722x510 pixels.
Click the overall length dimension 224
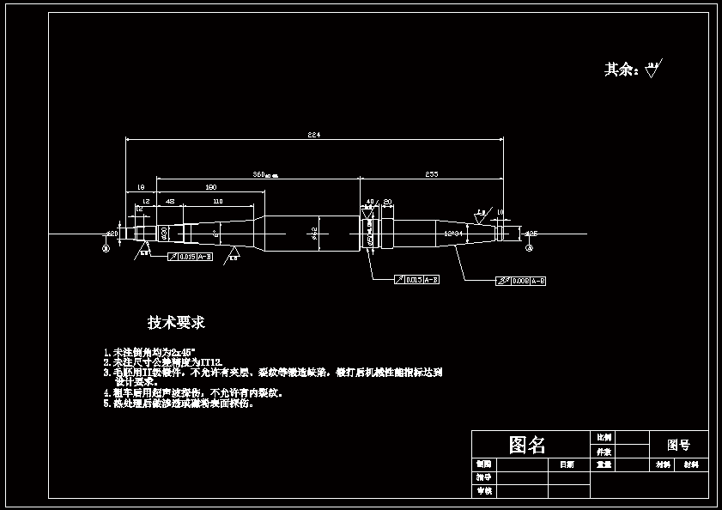click(313, 135)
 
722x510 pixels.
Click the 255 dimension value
click(432, 174)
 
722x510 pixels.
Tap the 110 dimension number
click(217, 201)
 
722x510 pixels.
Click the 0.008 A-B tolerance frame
click(521, 281)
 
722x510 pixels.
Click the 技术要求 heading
click(176, 323)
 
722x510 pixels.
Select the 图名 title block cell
click(527, 445)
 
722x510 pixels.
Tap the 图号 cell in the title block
click(678, 445)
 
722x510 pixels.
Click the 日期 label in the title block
click(567, 464)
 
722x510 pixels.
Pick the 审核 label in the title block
click(484, 491)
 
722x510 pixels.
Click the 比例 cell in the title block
click(604, 437)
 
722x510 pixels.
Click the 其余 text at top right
click(621, 70)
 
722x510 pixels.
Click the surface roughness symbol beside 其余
click(653, 69)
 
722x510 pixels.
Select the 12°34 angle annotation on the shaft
click(453, 233)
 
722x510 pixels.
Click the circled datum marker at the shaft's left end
click(106, 247)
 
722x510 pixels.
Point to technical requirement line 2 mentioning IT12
click(163, 363)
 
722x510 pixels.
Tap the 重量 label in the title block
click(604, 464)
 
